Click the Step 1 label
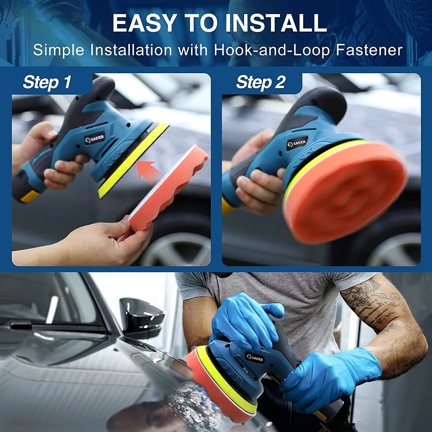(47, 82)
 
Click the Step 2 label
(260, 82)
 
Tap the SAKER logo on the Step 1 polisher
(94, 139)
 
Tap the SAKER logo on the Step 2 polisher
(297, 143)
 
